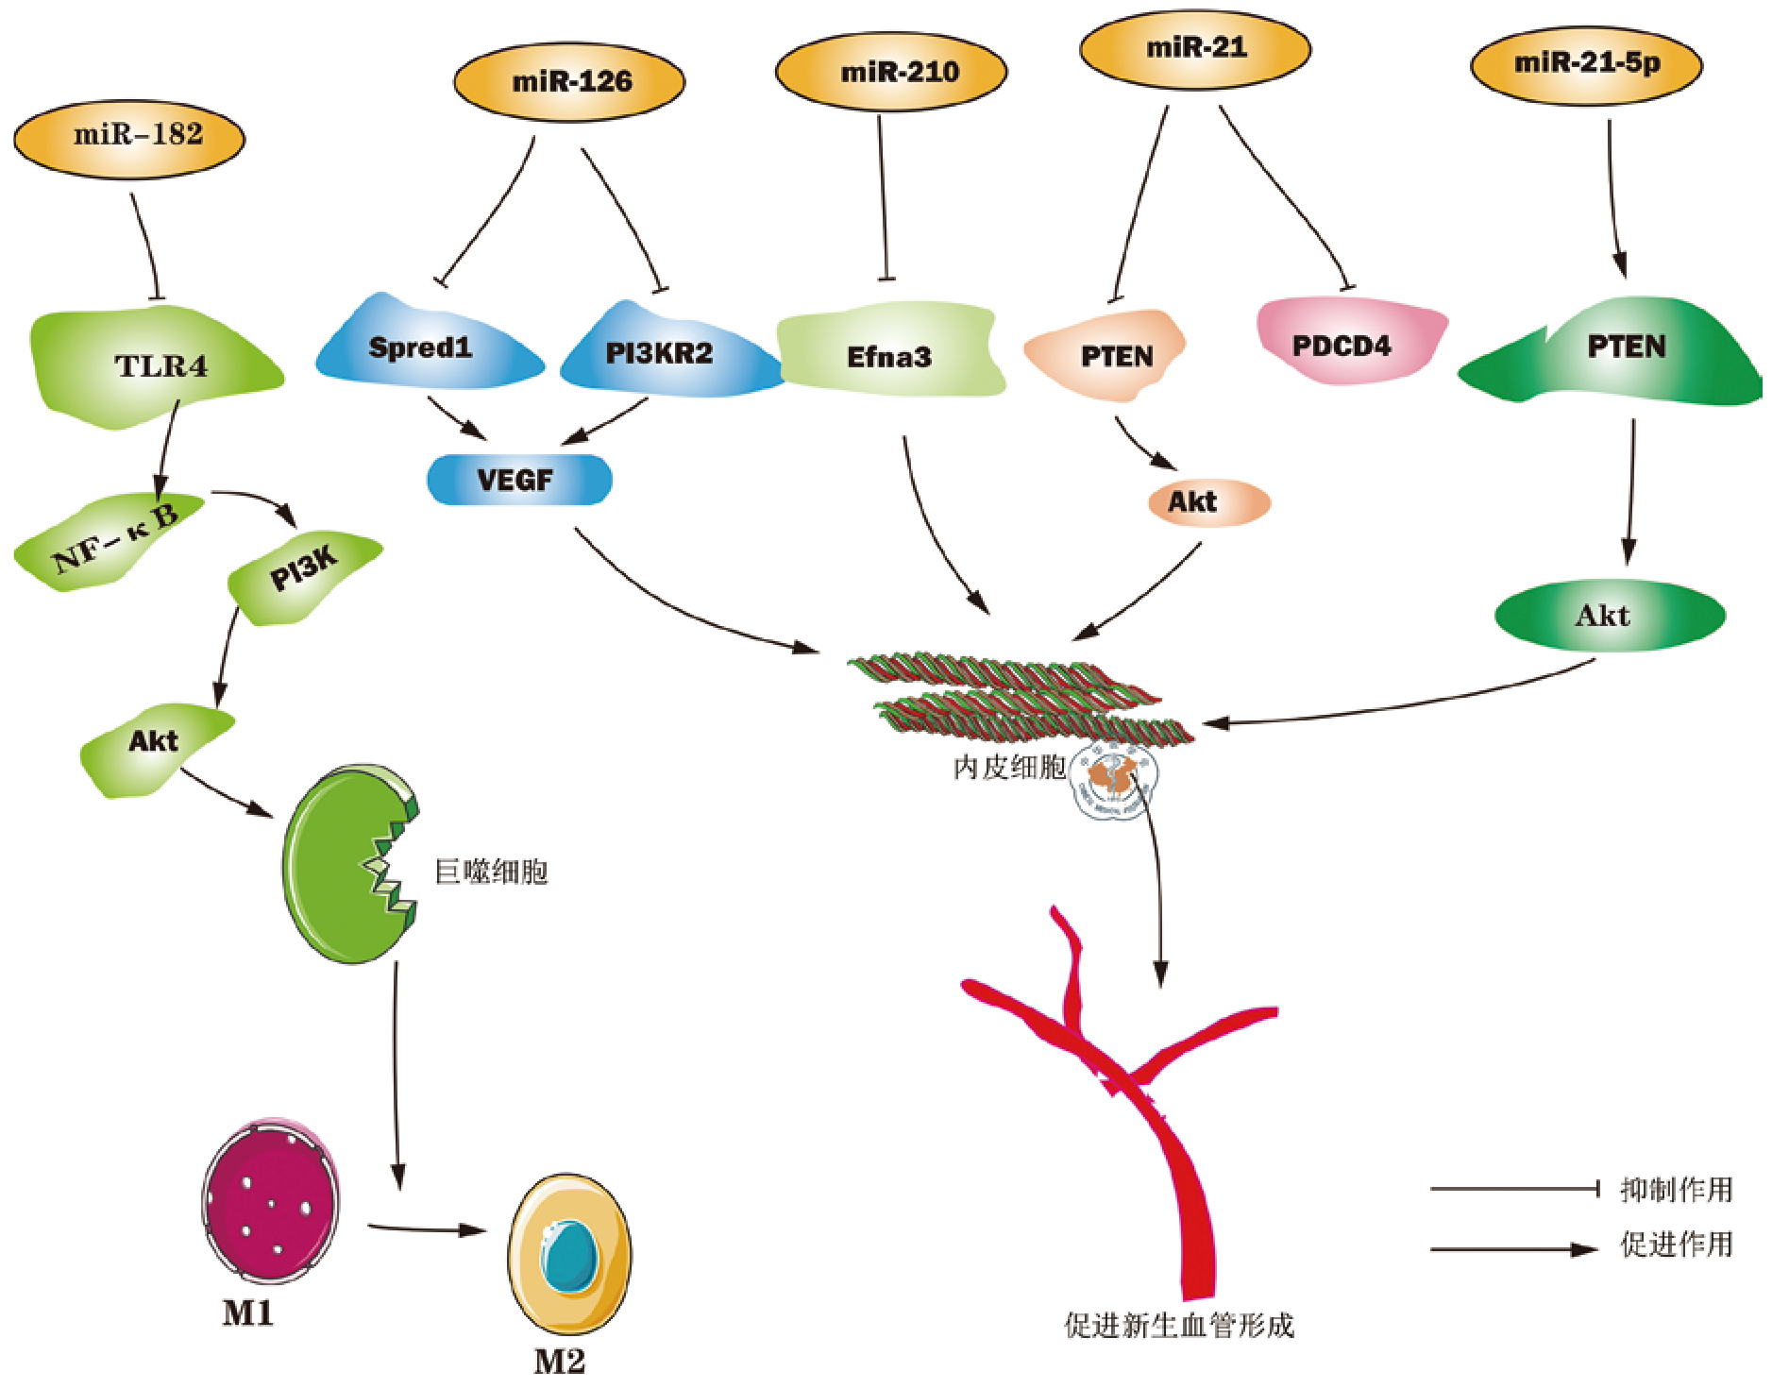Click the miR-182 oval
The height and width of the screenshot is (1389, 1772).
(x=129, y=137)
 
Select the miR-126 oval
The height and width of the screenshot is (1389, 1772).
(x=570, y=82)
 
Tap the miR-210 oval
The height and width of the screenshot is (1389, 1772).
(x=891, y=73)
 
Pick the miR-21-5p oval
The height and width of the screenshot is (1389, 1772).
(x=1587, y=64)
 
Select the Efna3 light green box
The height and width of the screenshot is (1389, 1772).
(x=889, y=357)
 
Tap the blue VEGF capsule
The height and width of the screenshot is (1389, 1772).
(x=518, y=480)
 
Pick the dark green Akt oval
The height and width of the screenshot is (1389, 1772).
(x=1610, y=616)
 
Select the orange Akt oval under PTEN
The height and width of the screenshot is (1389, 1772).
(x=1207, y=502)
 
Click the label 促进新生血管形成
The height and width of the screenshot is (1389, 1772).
(x=1178, y=1326)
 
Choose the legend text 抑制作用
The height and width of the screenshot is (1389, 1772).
(x=1676, y=1190)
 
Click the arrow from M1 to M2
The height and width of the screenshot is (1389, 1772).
(x=427, y=1228)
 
